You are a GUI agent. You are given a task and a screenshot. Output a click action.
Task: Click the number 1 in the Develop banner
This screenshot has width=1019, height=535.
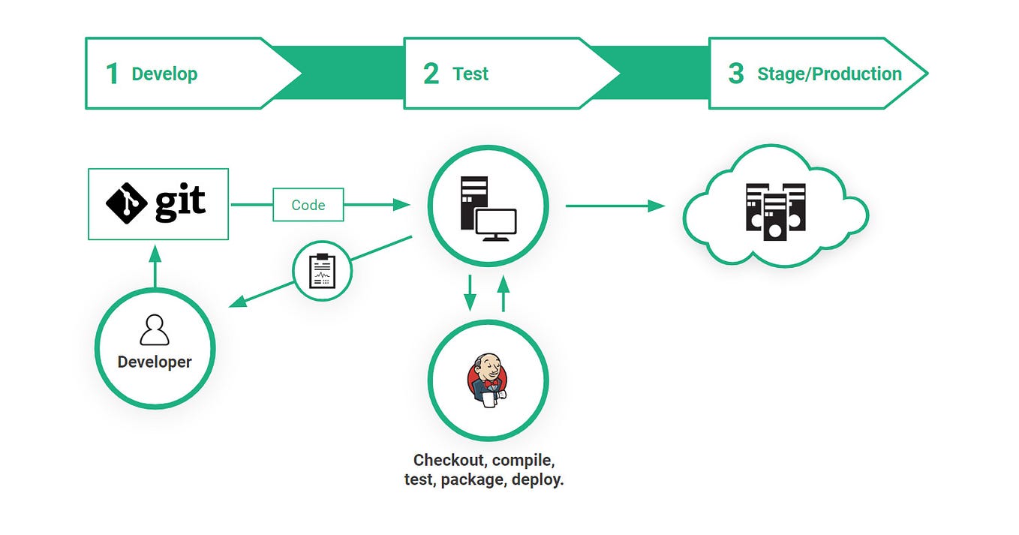(113, 74)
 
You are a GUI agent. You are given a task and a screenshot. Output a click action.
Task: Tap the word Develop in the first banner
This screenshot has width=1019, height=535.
(164, 74)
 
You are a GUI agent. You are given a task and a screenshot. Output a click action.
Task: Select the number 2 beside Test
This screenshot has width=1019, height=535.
(431, 74)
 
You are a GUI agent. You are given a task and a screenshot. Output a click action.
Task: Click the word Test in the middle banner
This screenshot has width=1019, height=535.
(470, 74)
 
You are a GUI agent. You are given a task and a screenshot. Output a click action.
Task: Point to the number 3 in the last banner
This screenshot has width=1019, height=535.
(736, 74)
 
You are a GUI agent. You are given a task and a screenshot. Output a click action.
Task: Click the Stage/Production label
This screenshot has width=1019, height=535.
(829, 74)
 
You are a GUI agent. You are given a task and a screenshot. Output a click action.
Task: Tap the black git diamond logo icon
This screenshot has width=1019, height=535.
(126, 203)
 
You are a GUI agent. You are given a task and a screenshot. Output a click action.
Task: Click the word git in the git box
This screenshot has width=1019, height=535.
(180, 203)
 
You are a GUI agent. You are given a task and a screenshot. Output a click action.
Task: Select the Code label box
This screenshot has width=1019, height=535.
(308, 205)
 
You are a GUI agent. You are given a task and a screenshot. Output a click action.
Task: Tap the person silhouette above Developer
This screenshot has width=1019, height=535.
(155, 330)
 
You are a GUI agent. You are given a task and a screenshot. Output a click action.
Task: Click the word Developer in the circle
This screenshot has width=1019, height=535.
(155, 362)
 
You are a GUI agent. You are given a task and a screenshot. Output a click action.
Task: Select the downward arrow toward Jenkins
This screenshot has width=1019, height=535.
(470, 293)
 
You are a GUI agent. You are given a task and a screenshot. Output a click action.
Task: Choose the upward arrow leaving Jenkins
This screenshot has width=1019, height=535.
(503, 293)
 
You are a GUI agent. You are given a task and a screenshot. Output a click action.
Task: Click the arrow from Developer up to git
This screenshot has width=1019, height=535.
(155, 266)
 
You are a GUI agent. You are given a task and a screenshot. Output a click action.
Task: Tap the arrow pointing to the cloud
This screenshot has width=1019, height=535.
(615, 206)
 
